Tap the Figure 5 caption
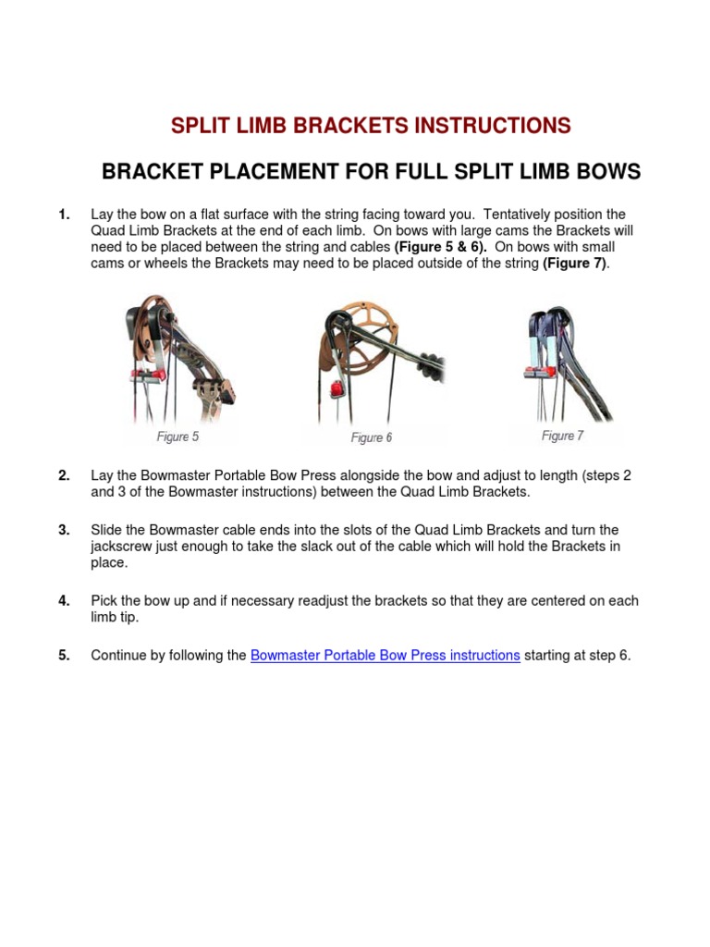click(177, 437)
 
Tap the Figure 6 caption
click(372, 437)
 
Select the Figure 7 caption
click(562, 436)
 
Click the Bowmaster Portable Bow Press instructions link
click(385, 656)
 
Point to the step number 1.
click(64, 215)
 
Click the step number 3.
click(64, 531)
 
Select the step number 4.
click(64, 601)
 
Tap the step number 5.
click(64, 656)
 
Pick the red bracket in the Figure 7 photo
click(536, 373)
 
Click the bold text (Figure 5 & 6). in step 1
click(441, 248)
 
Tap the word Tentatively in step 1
click(519, 215)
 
